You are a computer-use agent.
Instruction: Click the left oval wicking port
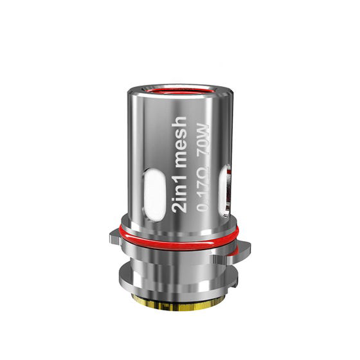[154, 193]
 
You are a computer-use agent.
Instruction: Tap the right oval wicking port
[226, 190]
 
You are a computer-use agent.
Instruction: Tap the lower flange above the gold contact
[180, 283]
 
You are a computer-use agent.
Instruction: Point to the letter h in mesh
[178, 121]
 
